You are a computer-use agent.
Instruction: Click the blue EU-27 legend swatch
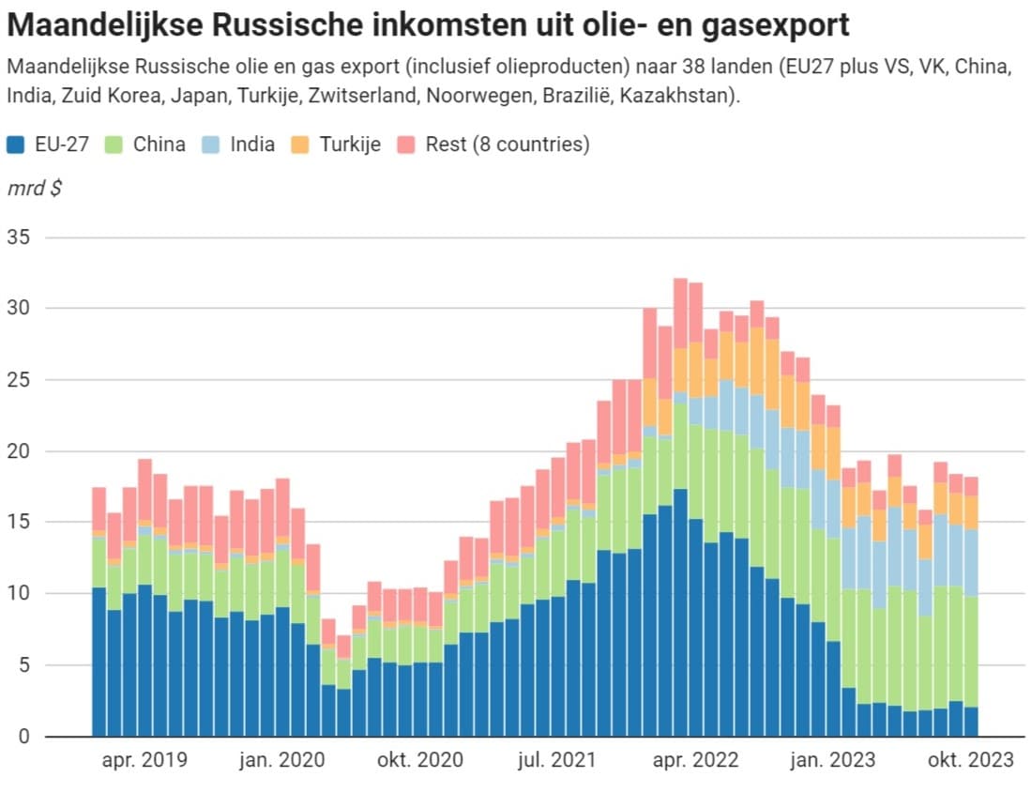click(x=15, y=145)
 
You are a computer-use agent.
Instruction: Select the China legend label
click(x=159, y=145)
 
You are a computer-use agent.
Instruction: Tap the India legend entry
click(x=252, y=145)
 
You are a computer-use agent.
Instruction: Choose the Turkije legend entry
click(x=349, y=145)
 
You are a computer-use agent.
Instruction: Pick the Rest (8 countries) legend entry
click(x=507, y=145)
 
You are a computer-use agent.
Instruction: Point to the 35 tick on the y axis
click(x=20, y=236)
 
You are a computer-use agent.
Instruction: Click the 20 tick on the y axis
click(x=20, y=450)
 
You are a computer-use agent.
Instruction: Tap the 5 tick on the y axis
click(x=24, y=664)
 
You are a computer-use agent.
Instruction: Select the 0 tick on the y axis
click(x=24, y=736)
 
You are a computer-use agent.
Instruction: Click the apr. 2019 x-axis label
click(x=144, y=760)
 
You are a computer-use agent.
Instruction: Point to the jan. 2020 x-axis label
click(x=282, y=760)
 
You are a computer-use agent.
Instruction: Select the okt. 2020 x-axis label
click(x=419, y=760)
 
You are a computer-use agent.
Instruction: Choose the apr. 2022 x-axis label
click(x=695, y=760)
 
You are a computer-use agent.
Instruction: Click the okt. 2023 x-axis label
click(x=971, y=760)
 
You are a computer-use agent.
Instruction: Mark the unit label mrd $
click(x=35, y=188)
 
